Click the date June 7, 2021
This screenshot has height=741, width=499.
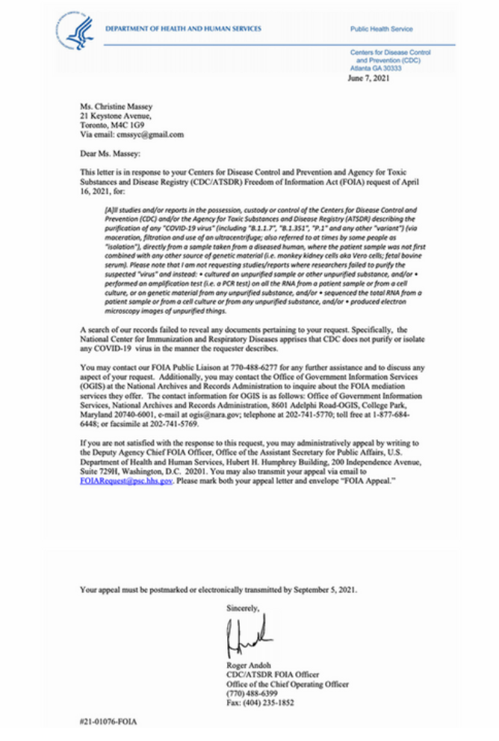click(x=369, y=78)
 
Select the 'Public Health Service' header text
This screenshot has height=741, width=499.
click(x=381, y=29)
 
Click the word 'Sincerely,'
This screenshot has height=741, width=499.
click(x=243, y=609)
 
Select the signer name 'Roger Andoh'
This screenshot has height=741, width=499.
click(x=250, y=666)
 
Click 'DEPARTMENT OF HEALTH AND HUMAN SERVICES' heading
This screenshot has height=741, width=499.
click(x=184, y=29)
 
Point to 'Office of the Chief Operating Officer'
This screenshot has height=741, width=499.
click(x=288, y=684)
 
